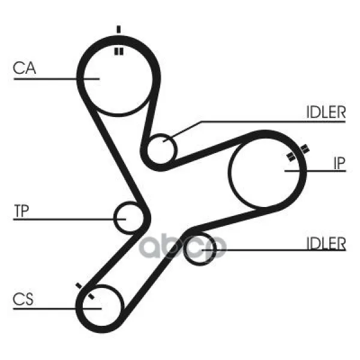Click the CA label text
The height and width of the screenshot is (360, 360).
click(x=25, y=68)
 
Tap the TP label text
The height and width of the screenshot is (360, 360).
click(x=22, y=211)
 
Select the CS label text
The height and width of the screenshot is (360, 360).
click(x=23, y=299)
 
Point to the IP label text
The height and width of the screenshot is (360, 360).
click(x=340, y=163)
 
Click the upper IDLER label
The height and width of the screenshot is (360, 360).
click(x=326, y=112)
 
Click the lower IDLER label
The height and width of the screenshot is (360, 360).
click(x=326, y=244)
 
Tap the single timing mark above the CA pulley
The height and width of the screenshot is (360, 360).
click(x=118, y=29)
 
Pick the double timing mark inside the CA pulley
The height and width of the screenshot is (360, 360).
click(x=119, y=52)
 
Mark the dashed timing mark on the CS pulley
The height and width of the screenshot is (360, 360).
click(x=85, y=291)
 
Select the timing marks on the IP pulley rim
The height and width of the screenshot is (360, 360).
click(x=298, y=153)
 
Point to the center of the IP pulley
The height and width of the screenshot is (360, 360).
click(x=265, y=172)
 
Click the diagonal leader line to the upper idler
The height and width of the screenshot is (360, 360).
click(x=182, y=131)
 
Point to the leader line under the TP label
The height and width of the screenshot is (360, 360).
click(x=70, y=220)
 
